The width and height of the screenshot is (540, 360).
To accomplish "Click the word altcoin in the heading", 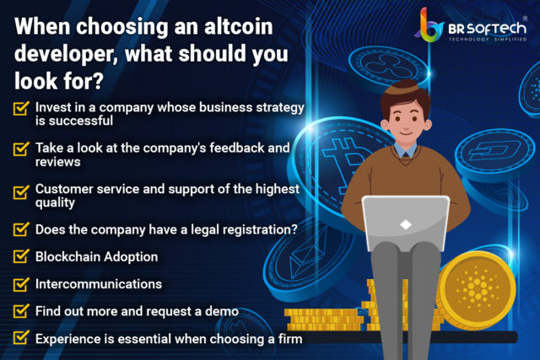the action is point(238,26).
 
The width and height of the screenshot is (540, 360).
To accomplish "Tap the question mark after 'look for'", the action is point(98,81).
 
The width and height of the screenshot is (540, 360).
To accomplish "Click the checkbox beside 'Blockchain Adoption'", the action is point(21,256).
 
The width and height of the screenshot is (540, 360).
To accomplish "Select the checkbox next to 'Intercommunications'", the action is point(21,284).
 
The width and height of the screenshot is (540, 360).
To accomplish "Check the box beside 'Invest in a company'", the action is point(21,108).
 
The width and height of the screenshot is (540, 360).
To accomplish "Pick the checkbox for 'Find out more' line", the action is point(21,311).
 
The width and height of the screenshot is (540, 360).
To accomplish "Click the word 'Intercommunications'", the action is point(99,284).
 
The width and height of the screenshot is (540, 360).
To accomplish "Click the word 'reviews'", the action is point(58,162).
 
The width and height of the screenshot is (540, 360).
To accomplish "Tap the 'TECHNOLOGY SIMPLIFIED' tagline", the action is point(488,39).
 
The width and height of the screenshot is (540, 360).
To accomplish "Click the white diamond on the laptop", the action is point(406,225).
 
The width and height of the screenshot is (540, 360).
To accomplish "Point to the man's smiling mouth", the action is point(406,132).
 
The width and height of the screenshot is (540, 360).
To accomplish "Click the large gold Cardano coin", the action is point(476,288).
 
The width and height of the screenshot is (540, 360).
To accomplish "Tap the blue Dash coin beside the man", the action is point(494,153).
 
